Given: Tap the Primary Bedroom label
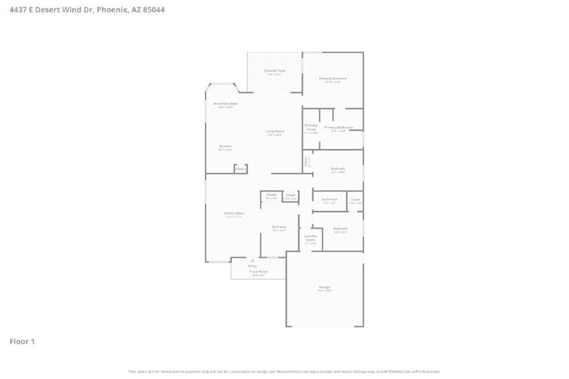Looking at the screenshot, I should coord(333,79).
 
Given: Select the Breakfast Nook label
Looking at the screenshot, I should coord(225,104).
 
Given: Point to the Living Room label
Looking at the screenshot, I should coord(275,131).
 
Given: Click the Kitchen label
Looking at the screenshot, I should coord(225,146).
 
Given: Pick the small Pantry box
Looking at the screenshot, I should coord(240,169).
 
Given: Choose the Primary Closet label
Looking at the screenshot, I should coord(310,127).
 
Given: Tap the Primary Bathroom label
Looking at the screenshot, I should coord(338,128).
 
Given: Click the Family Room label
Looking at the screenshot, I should coord(234,214).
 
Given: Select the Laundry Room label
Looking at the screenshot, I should coord(310,238).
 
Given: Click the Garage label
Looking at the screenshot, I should coord(324,287).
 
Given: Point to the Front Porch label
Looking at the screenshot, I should coord(258,272).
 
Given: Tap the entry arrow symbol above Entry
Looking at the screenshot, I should coord(252,260).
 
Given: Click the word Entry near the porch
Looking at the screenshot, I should coord(252,267).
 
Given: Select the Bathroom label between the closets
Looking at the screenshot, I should coord(330,200).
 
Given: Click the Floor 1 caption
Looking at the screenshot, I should coord(22,342).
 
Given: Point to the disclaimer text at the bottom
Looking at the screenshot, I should coord(284,371).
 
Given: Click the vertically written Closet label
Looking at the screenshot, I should coord(305,162).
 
